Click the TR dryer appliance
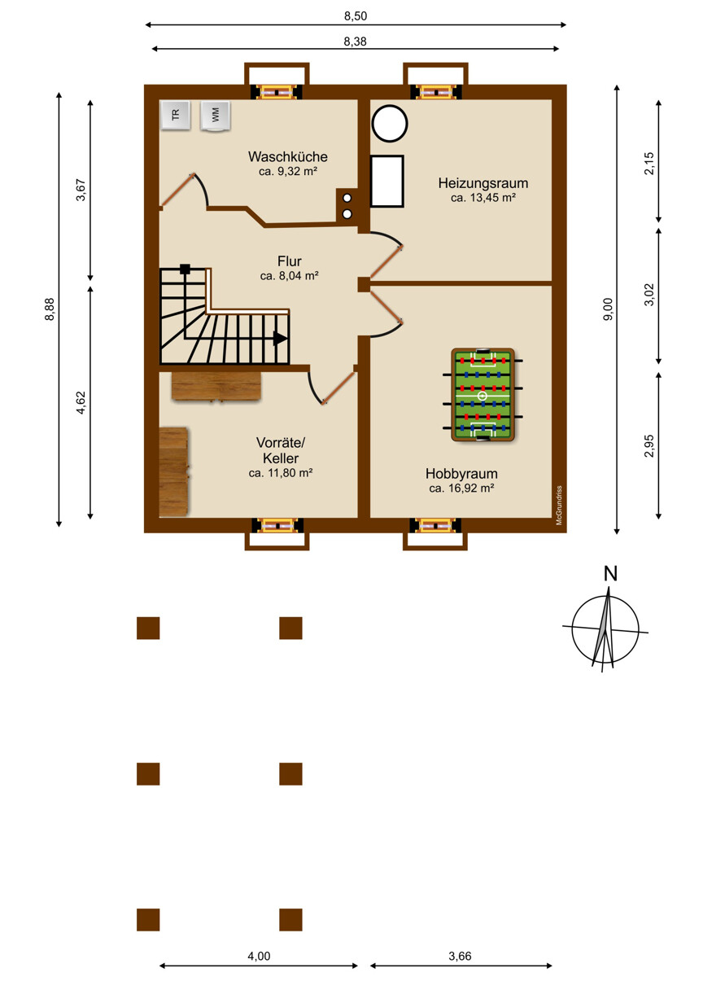pos(176,116)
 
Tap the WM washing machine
pos(215,116)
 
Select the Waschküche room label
pos(288,156)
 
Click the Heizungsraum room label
pos(483,183)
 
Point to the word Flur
pos(289,261)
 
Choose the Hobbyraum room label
pos(461,473)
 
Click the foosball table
pos(482,394)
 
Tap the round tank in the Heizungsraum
pos(390,123)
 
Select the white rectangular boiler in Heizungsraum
pos(386,182)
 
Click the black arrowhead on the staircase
pos(280,339)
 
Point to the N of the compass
pos(610,574)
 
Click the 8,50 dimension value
pos(356,16)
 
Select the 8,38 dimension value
pos(356,41)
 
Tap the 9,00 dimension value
pos(608,309)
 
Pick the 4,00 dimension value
pos(259,956)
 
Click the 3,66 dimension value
pos(461,956)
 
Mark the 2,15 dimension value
pos(649,164)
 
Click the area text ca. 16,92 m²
pos(461,488)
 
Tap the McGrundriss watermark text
pos(559,505)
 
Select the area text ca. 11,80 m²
pos(281,473)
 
